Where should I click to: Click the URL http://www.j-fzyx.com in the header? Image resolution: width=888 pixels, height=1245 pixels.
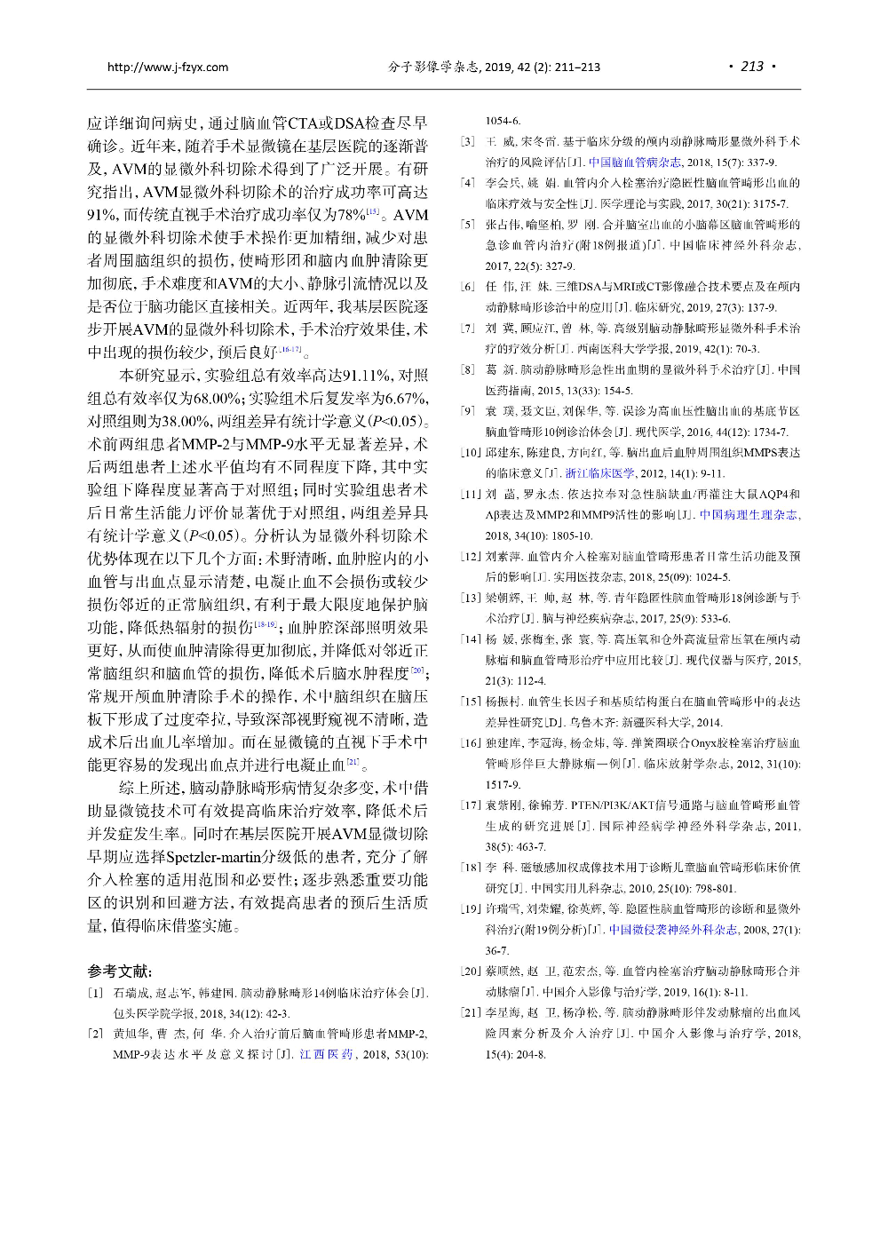167,67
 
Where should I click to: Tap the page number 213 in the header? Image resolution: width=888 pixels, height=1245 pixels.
751,67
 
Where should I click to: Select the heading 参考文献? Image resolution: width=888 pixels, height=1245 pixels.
120,971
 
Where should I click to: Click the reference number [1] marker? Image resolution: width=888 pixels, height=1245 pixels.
96,992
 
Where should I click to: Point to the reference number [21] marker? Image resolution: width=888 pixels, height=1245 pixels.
470,1012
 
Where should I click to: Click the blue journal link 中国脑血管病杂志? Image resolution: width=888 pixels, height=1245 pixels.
635,162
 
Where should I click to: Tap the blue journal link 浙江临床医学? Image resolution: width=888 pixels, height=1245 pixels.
600,473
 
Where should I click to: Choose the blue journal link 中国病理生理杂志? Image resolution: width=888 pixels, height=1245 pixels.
749,514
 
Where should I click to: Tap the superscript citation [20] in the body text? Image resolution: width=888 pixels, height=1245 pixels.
417,670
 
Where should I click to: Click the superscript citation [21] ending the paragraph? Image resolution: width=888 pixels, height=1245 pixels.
353,761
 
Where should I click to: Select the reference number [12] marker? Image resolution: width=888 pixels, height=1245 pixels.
470,556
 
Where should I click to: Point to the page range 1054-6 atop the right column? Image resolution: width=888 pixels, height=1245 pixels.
503,121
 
